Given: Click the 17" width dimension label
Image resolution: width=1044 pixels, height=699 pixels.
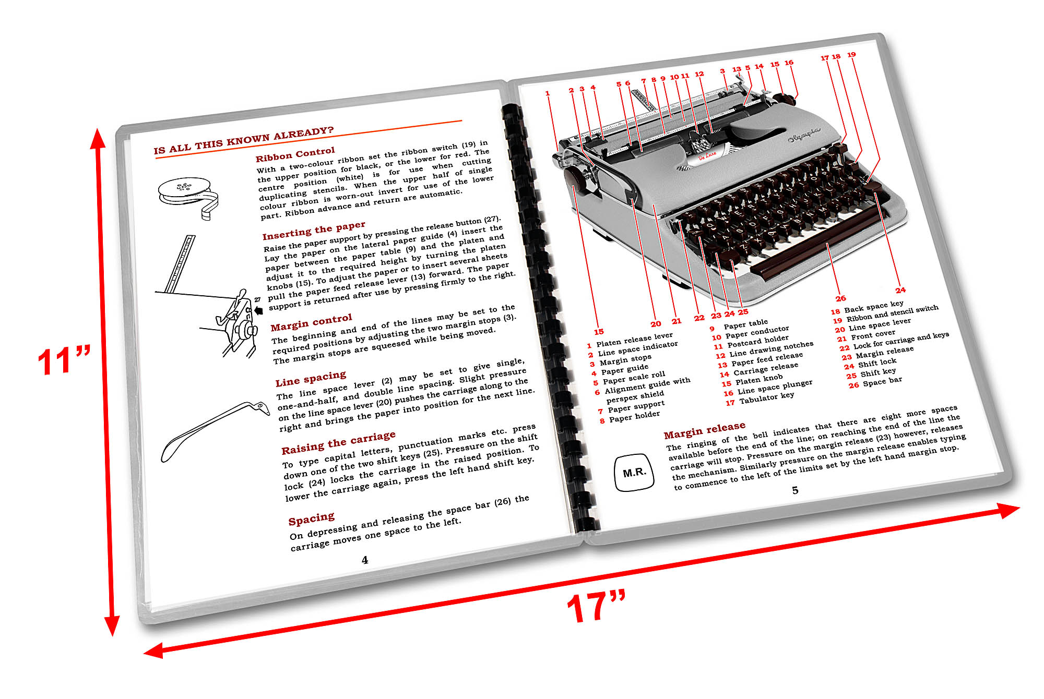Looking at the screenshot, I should coord(596,607).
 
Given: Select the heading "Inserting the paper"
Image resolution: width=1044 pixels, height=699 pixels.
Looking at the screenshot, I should coord(313,230).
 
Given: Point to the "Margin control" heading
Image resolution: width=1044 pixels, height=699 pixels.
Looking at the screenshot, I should coord(311,322).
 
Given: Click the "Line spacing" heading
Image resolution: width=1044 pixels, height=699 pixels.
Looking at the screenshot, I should coord(311,378).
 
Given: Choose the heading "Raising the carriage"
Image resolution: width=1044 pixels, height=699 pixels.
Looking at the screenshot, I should coord(338,442).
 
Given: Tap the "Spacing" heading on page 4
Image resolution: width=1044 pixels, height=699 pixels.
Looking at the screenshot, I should coord(311,519).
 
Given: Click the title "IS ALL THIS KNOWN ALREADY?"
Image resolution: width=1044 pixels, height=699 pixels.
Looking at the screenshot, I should coord(243,140).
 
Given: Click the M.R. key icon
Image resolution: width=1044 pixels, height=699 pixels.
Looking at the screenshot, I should coord(634,473).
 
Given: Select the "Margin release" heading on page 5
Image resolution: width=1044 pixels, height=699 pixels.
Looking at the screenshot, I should coord(704,430).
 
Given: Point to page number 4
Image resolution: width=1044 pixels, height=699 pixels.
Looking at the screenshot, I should coord(365,560).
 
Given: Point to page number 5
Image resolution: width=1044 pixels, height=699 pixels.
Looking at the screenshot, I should coord(795,490).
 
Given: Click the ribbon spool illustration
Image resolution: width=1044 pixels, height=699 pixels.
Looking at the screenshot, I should coord(188,196).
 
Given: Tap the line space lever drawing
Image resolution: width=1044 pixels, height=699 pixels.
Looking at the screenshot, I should coord(214,430).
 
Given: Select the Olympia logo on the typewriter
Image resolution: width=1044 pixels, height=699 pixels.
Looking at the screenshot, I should coord(804,136).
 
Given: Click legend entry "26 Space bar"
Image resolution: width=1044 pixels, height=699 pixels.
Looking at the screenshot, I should coord(875,382).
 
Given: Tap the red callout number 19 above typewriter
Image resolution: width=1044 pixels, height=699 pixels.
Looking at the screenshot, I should coord(851,54).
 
